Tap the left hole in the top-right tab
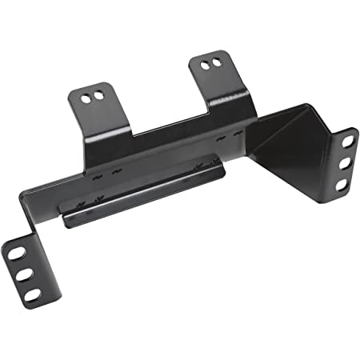tap(206, 63)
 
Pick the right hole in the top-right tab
tap(216, 61)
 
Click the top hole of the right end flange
tap(348, 139)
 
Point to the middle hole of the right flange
tap(345, 162)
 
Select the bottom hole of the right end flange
tap(342, 184)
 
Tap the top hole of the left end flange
tap(15, 254)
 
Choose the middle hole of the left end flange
tap(23, 274)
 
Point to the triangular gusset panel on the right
tap(288, 144)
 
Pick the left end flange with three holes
tap(24, 272)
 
